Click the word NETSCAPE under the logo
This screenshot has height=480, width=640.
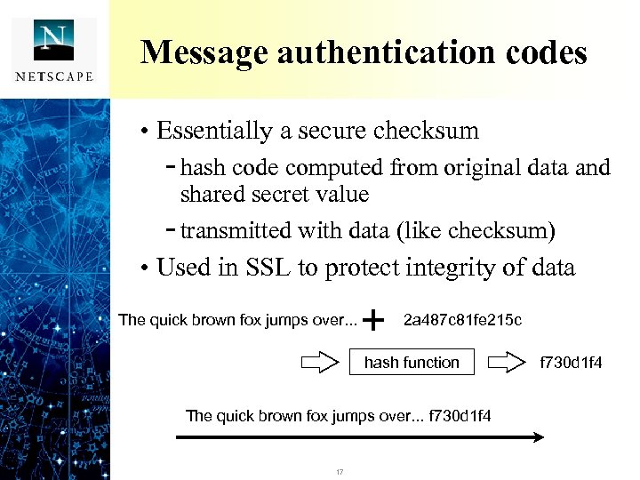(x=54, y=76)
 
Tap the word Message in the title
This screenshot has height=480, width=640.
(x=204, y=52)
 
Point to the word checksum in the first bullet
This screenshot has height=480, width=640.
(x=426, y=132)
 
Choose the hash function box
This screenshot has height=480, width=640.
(x=412, y=362)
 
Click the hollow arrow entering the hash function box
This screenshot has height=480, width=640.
(x=320, y=362)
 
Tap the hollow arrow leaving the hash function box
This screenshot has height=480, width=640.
(x=507, y=362)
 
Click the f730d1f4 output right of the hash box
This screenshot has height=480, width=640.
(x=572, y=362)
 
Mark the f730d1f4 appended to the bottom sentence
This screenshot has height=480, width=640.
(x=460, y=415)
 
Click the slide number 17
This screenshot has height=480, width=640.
(x=340, y=471)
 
